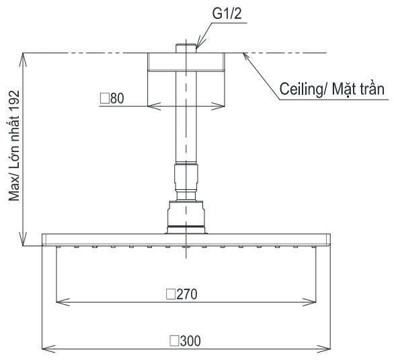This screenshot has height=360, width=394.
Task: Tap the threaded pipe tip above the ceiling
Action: point(186,48)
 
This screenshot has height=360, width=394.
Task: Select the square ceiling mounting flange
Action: point(186,63)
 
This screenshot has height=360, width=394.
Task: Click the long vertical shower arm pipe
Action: point(186,121)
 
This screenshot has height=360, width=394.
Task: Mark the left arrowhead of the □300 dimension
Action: point(46,349)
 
